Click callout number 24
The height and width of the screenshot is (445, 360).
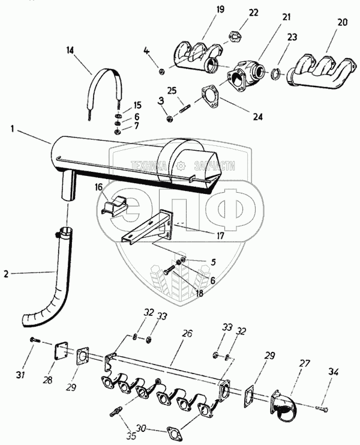(x=257, y=117)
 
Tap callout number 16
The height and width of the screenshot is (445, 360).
(x=99, y=188)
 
